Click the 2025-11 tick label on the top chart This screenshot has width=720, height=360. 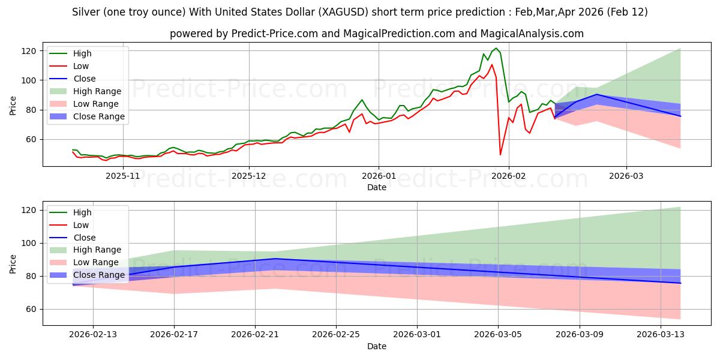(122, 175)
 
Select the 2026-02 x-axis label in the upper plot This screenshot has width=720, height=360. (509, 175)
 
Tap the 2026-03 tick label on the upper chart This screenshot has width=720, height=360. (626, 175)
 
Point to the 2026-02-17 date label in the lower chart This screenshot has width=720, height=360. (174, 334)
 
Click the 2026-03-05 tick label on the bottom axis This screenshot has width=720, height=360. (498, 334)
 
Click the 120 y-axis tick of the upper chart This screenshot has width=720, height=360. (30, 51)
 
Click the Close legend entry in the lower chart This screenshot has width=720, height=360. (84, 238)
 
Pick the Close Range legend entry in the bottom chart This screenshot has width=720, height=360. (99, 275)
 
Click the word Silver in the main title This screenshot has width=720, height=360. (85, 12)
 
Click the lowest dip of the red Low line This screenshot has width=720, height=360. (500, 155)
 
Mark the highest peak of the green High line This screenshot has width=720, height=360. (496, 48)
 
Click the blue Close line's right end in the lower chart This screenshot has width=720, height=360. (680, 283)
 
